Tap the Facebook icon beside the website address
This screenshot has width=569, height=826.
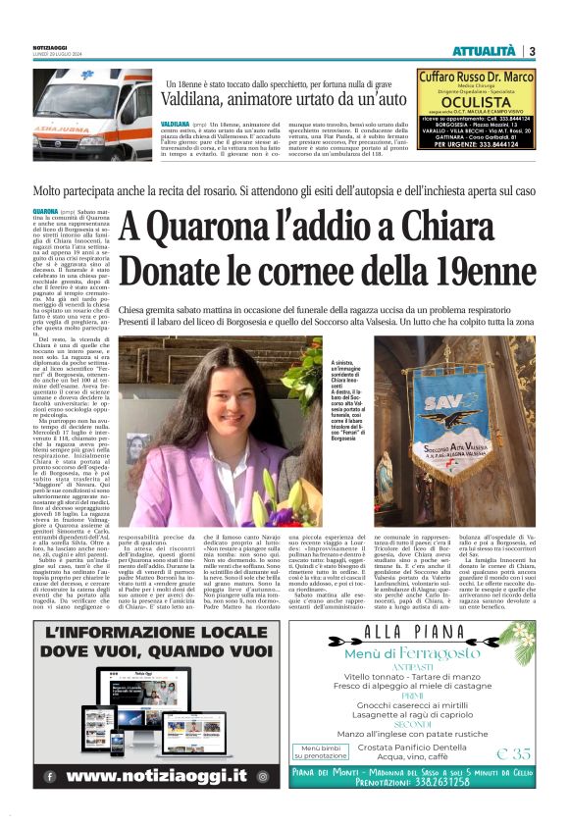(x=50, y=774)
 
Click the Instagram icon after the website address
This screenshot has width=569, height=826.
(x=263, y=774)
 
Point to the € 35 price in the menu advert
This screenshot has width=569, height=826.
(x=514, y=753)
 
